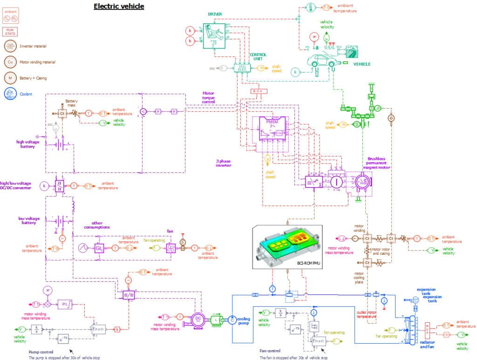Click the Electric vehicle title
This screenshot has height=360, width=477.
click(x=119, y=6)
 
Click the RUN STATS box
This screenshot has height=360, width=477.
click(x=10, y=31)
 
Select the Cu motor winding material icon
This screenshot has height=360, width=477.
click(x=10, y=61)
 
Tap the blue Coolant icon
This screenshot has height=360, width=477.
click(x=10, y=93)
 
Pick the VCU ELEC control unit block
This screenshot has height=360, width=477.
click(x=242, y=68)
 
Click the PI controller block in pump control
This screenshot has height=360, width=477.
click(x=64, y=304)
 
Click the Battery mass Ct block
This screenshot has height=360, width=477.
click(x=62, y=113)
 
